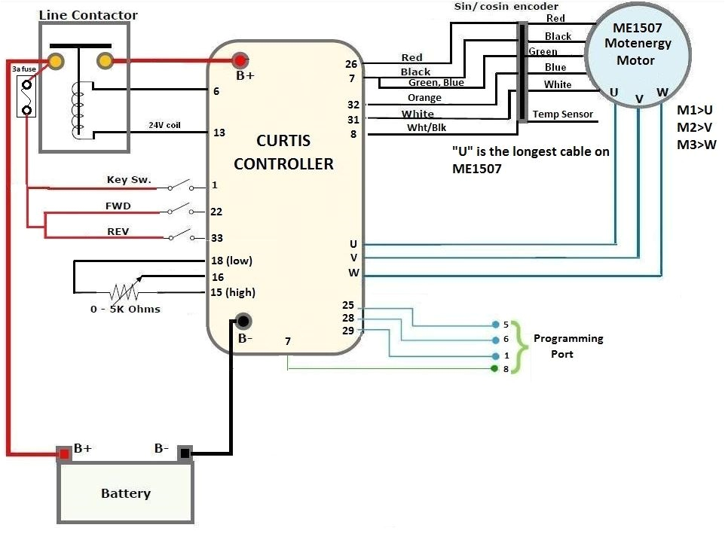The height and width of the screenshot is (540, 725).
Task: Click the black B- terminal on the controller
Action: point(243,322)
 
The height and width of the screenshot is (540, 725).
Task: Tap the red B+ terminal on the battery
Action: point(64,453)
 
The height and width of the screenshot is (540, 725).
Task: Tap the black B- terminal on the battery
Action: point(185,453)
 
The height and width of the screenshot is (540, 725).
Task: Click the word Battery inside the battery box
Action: point(126,494)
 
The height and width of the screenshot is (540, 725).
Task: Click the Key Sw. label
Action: point(129,180)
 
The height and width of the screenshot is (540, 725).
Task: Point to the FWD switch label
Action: point(118,205)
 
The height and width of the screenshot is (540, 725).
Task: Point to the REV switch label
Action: point(118,230)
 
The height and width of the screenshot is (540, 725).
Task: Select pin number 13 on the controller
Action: point(219,133)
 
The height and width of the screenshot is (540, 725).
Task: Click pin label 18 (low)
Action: point(232,261)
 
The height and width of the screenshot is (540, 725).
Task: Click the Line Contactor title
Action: point(87,14)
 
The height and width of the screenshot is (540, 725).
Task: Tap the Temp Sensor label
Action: point(563,114)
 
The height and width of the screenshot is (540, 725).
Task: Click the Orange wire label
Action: point(424,98)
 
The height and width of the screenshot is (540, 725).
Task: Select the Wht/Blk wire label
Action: point(427,127)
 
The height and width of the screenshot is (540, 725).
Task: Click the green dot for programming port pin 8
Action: point(494,368)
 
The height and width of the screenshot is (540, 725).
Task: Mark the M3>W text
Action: point(696,145)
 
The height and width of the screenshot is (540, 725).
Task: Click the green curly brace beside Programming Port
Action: point(516,346)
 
